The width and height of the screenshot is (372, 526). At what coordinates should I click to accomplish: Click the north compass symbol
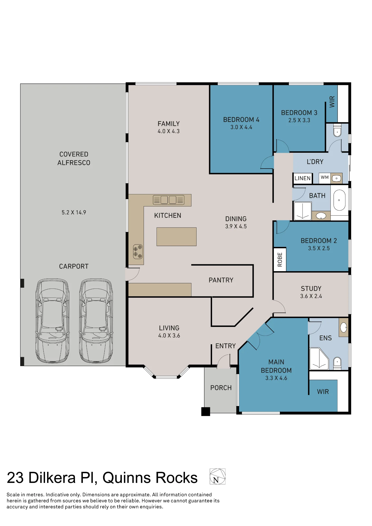[x=217, y=476]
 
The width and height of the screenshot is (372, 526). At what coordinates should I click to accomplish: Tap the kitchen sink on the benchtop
[x=169, y=200]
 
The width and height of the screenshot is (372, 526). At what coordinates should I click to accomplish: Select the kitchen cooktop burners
[x=138, y=252]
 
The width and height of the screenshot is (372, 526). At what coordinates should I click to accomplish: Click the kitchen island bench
[x=177, y=237]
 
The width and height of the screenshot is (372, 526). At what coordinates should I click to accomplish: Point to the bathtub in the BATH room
[x=339, y=200]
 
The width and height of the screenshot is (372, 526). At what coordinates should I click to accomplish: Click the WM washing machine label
[x=325, y=177]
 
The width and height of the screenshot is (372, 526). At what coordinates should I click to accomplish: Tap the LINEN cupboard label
[x=303, y=178]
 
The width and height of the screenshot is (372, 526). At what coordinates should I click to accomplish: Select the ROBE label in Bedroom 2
[x=280, y=260]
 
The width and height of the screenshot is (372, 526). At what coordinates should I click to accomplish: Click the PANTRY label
[x=221, y=280]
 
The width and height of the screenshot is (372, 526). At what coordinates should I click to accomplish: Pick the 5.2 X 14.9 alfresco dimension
[x=74, y=213]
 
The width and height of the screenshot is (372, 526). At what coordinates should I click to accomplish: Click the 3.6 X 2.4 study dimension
[x=311, y=296]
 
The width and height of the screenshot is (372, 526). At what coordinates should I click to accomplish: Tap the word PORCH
[x=221, y=388]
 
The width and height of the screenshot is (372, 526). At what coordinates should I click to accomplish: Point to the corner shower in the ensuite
[x=319, y=359]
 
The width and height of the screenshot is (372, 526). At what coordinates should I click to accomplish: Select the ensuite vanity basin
[x=344, y=327]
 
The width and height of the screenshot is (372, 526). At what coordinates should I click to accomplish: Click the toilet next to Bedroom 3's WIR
[x=337, y=131]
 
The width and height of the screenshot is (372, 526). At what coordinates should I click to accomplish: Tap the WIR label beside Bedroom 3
[x=332, y=102]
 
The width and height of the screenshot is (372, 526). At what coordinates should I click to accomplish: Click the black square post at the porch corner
[x=206, y=412]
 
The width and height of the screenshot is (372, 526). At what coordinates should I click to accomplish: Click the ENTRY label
[x=225, y=346]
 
